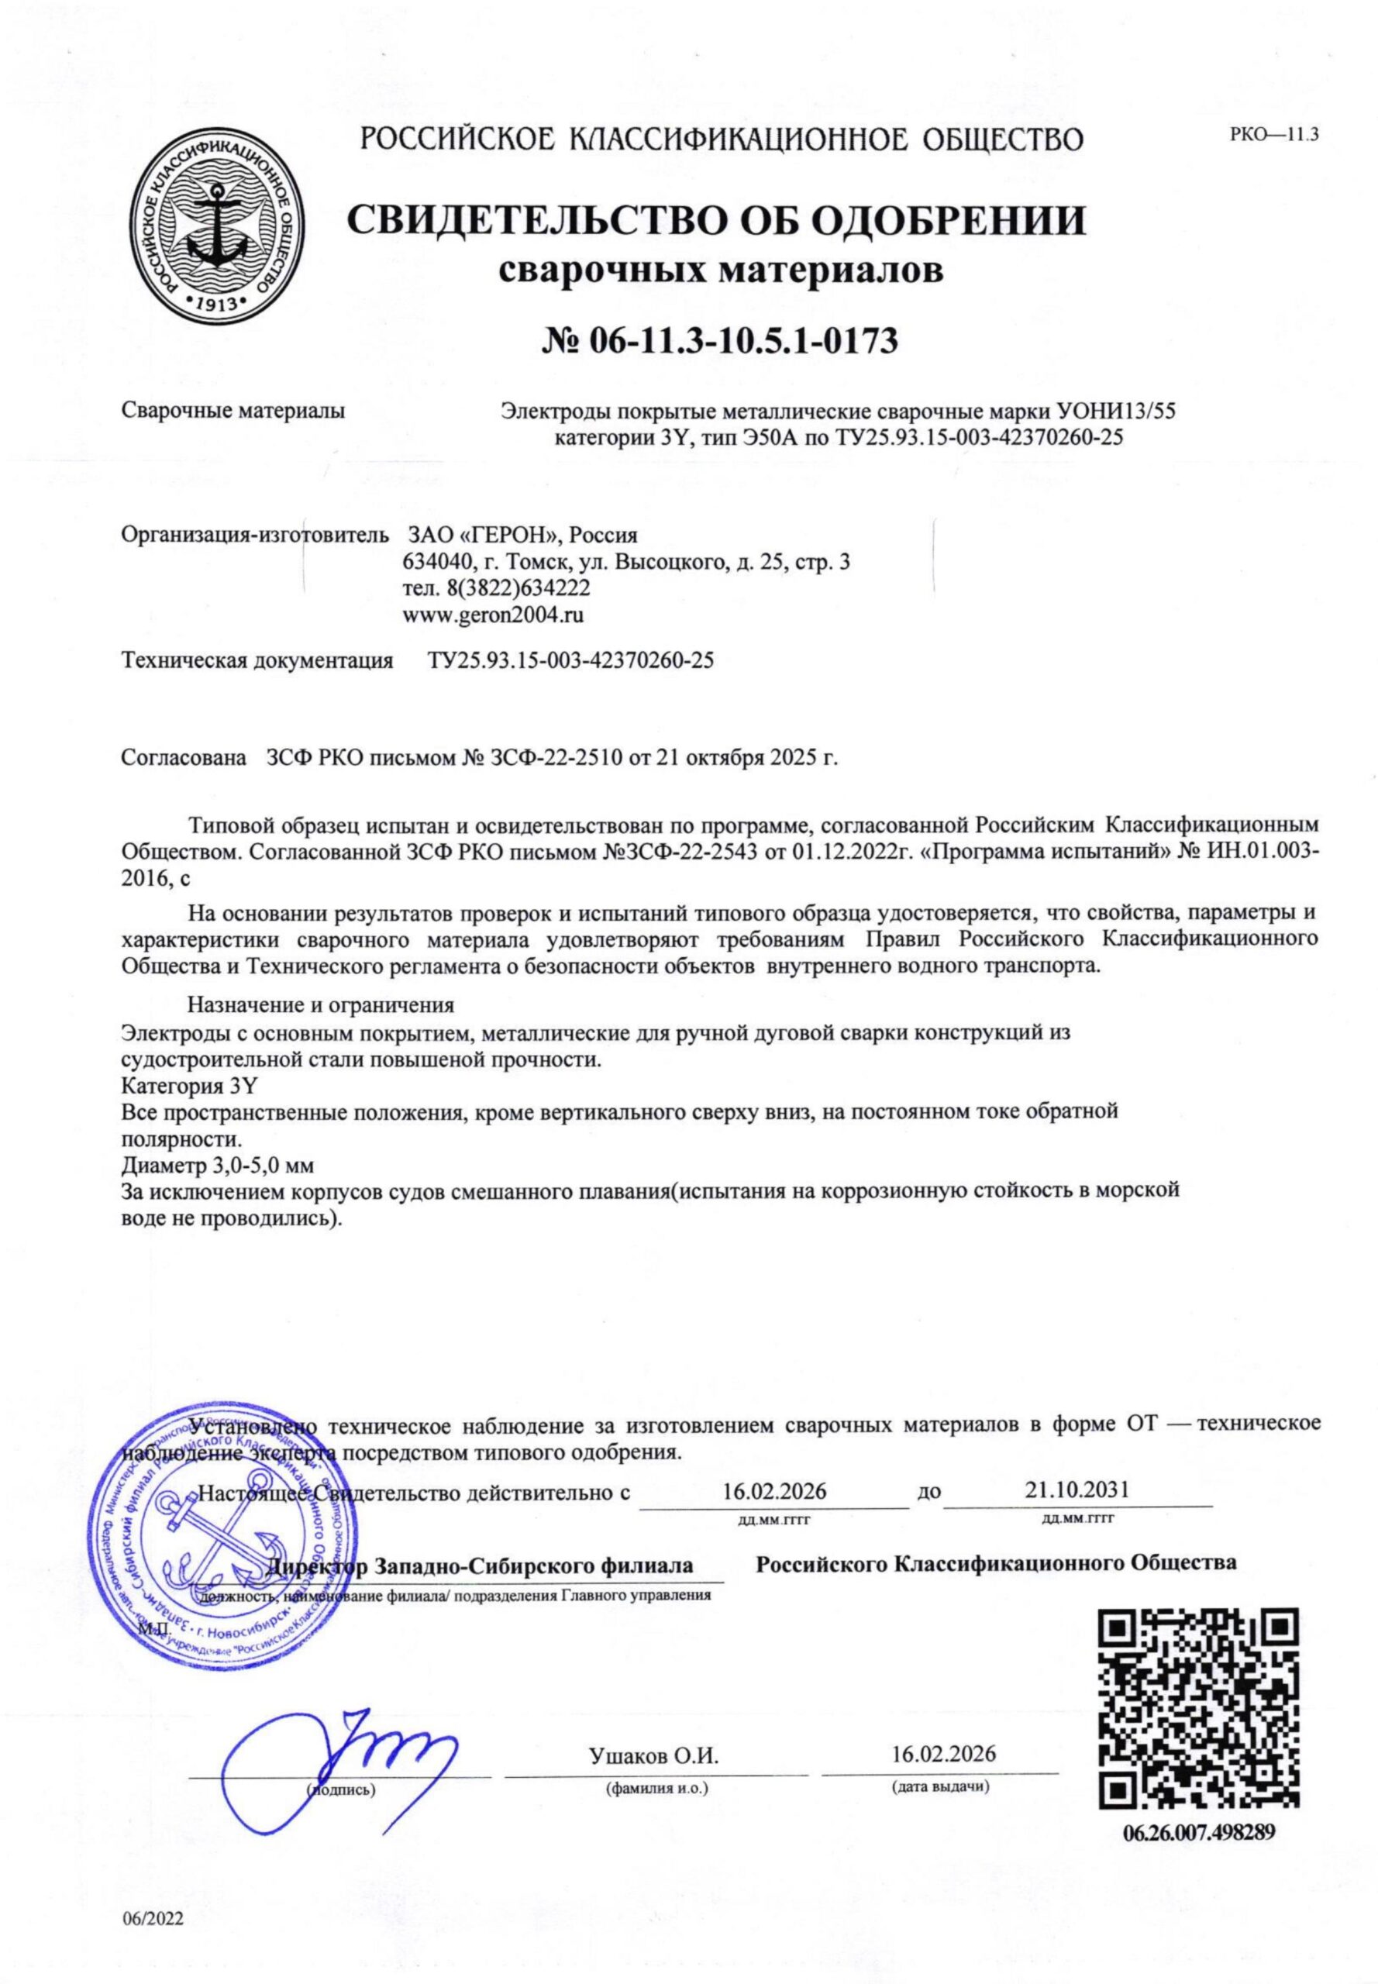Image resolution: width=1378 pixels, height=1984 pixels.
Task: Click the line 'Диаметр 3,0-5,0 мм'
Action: (x=217, y=1166)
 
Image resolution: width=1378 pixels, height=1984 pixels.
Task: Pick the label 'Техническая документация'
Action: (x=257, y=661)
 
